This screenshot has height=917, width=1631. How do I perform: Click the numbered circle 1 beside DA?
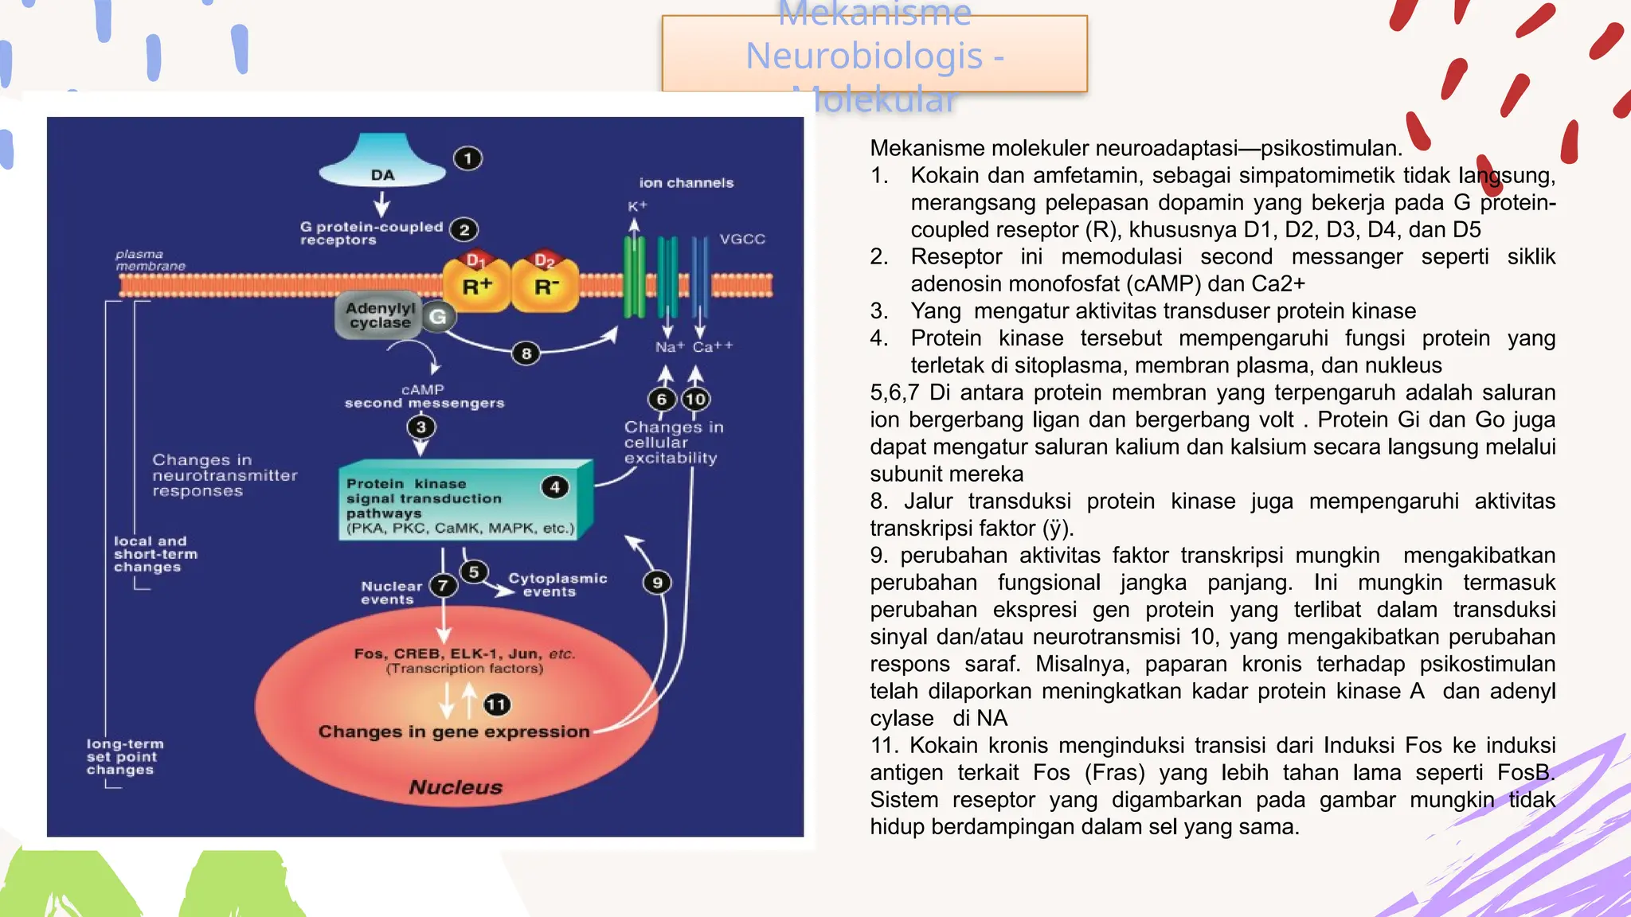[x=467, y=158]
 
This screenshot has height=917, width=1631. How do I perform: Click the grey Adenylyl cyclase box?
[x=380, y=316]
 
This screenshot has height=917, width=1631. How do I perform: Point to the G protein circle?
[x=437, y=317]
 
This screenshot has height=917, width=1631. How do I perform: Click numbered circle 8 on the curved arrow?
[x=526, y=353]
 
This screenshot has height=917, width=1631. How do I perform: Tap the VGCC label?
[x=742, y=239]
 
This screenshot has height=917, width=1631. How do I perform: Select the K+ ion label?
[x=637, y=207]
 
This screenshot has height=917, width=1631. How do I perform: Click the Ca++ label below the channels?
[x=712, y=347]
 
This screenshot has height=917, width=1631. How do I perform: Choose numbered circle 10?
[x=695, y=399]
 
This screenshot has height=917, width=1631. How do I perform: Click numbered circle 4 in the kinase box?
[x=555, y=487]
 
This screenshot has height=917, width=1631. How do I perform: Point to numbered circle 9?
[x=657, y=583]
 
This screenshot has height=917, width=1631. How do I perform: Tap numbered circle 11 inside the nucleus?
[x=496, y=704]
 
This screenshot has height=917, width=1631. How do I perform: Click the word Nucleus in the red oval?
[x=456, y=787]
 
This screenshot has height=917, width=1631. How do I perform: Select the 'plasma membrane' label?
[x=150, y=260]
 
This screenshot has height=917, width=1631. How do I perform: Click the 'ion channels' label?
[x=686, y=183]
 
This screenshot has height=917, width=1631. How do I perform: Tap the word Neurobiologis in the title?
[x=863, y=56]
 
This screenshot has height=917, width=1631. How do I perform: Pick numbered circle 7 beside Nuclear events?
[x=443, y=586]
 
